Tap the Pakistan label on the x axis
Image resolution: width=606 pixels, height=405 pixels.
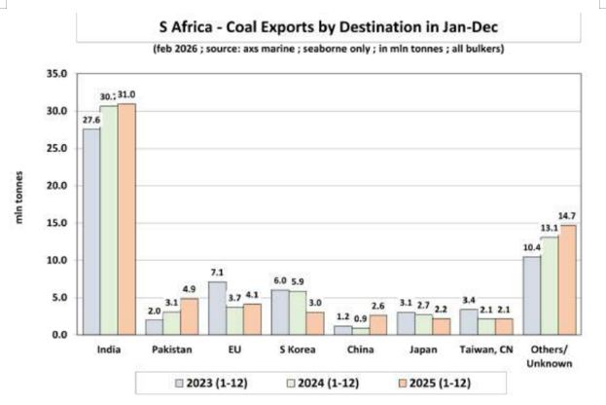coord(170,348)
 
